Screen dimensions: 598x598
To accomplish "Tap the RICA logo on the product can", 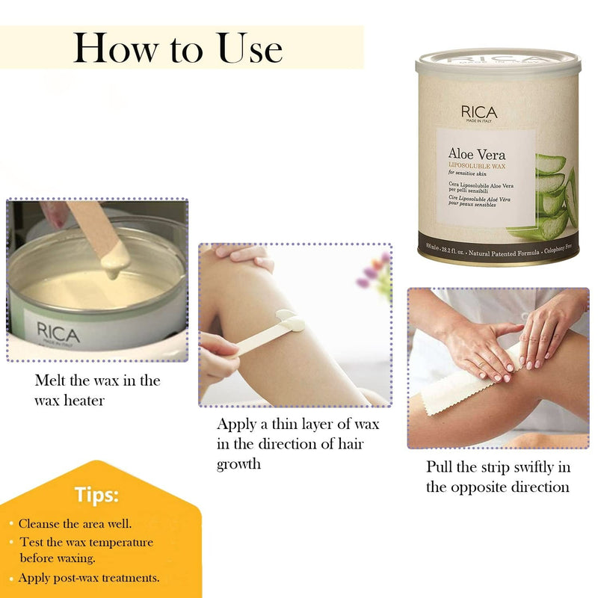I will (x=478, y=112).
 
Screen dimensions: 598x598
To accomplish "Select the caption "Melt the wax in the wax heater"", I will (x=97, y=390).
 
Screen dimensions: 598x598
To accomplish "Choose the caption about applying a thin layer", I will (x=298, y=444).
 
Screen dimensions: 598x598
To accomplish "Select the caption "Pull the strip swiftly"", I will (x=498, y=477).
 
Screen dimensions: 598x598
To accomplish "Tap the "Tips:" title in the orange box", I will (x=95, y=494).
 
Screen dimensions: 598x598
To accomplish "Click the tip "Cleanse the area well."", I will (x=75, y=523).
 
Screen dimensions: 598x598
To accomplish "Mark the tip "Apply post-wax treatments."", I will (x=88, y=577).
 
